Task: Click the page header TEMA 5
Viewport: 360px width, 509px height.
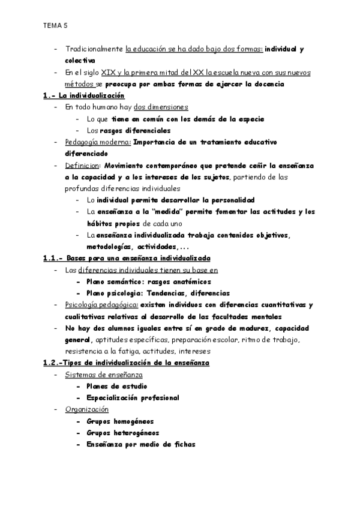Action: pyautogui.click(x=55, y=26)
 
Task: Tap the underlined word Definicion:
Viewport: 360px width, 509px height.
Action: pyautogui.click(x=83, y=165)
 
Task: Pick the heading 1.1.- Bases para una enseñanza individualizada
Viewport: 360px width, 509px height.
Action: pyautogui.click(x=127, y=259)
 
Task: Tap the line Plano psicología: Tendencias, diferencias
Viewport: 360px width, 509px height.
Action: pyautogui.click(x=158, y=294)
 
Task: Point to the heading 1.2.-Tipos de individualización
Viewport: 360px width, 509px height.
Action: pyautogui.click(x=125, y=363)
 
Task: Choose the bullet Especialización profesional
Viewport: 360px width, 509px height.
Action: pyautogui.click(x=133, y=397)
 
